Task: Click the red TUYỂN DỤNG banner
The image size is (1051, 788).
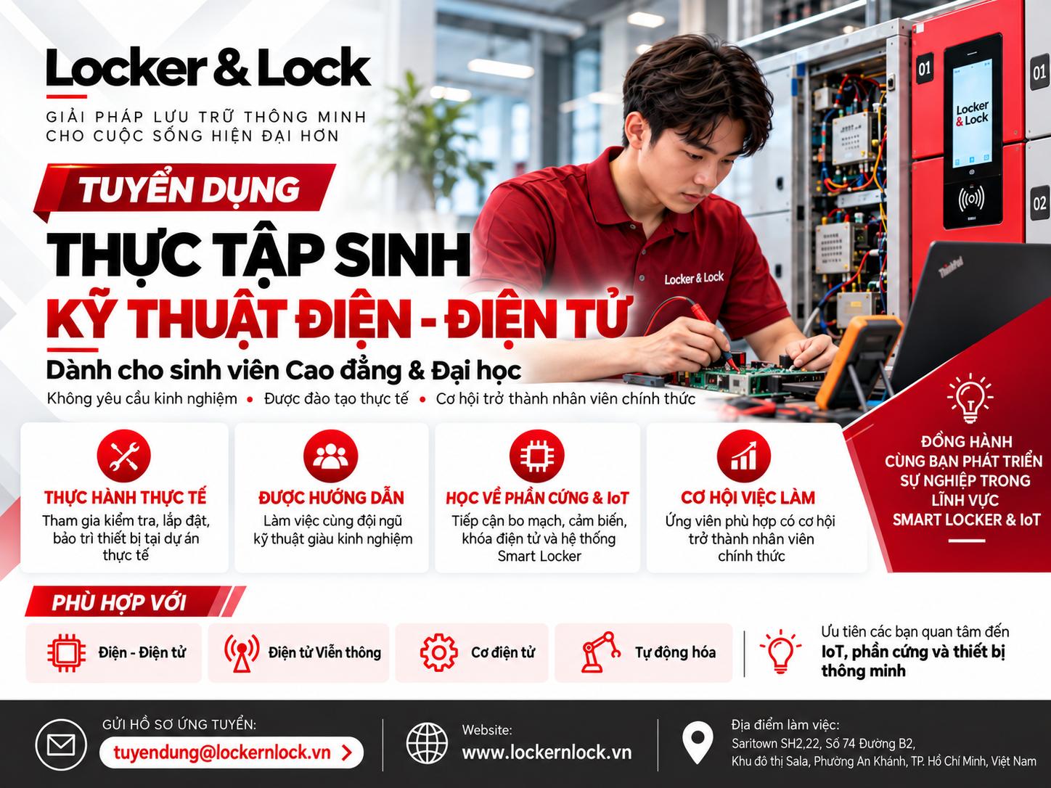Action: point(186,189)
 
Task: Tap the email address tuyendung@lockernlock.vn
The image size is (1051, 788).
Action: point(221,752)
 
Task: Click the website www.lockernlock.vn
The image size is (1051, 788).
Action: point(547,752)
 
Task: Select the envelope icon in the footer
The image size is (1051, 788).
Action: point(61,745)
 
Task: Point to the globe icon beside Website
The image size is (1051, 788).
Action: point(427,743)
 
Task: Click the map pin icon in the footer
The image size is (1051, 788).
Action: point(697,742)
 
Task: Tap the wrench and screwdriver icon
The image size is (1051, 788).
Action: point(124,456)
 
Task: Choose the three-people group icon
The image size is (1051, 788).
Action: point(331,456)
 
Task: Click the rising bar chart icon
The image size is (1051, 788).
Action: point(743,456)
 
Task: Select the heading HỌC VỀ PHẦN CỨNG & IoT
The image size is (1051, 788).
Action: point(537,498)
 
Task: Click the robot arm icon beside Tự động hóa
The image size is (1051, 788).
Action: point(600,652)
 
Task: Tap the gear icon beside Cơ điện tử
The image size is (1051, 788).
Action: point(438,652)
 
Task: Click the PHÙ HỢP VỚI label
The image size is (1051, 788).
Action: point(118,603)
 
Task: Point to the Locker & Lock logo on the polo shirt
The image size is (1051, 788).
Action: point(694,278)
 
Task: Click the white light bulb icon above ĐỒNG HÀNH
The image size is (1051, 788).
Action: point(970,398)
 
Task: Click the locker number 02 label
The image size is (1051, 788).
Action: point(1039,204)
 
